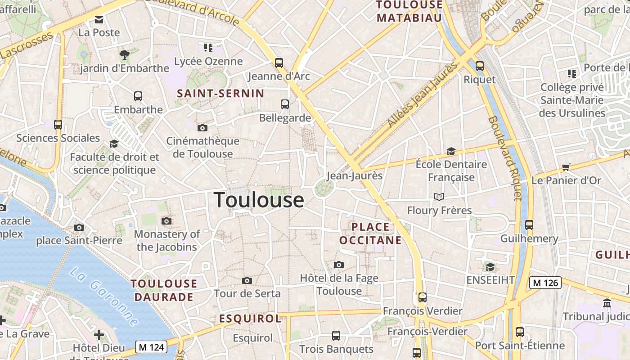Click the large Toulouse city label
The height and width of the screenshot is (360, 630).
tap(259, 200)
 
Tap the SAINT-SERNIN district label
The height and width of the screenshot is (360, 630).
tap(220, 94)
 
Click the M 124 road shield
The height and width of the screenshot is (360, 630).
tap(151, 347)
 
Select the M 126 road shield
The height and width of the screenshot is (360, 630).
tap(544, 283)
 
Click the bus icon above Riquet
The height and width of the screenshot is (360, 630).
tap(480, 66)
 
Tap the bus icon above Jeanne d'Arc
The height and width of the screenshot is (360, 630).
tap(279, 63)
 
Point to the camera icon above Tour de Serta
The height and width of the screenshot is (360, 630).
tap(247, 281)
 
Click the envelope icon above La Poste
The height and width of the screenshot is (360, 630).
tap(99, 19)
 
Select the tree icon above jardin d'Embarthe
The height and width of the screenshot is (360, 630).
tap(125, 55)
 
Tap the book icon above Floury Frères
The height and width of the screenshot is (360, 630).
tap(439, 197)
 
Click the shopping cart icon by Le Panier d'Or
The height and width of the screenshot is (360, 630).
tap(566, 167)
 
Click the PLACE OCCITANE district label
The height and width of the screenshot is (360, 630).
tap(370, 234)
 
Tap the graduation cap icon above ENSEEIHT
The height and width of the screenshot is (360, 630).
tap(490, 267)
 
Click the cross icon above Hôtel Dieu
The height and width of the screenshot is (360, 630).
tap(99, 335)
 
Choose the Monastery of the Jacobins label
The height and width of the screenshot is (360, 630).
tap(167, 240)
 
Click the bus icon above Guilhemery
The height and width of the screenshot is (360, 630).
tap(529, 225)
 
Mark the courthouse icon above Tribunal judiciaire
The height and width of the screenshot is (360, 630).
tap(607, 303)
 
